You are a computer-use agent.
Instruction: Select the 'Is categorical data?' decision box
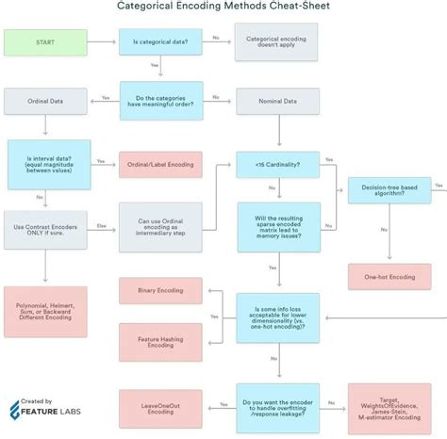[160, 42]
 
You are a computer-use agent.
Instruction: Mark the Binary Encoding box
[159, 290]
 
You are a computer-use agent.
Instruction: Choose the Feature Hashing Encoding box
[159, 342]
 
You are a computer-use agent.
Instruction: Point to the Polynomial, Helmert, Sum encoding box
[44, 311]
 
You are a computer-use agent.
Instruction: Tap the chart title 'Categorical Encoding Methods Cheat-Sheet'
[223, 7]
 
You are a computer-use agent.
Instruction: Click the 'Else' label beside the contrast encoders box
[99, 226]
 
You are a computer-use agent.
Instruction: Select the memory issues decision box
[278, 226]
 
